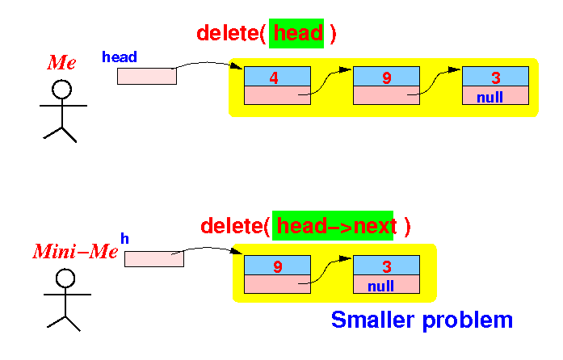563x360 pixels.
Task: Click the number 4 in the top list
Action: [x=274, y=77]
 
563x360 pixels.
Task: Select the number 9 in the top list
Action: [x=386, y=77]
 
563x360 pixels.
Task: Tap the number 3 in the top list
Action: [x=496, y=77]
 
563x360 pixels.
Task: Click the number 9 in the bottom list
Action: [x=278, y=266]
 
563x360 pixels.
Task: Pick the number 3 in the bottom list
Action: [x=387, y=266]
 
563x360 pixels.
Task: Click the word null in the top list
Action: [x=489, y=98]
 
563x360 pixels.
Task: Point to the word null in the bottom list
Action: [x=380, y=286]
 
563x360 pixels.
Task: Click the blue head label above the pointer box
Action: [x=120, y=57]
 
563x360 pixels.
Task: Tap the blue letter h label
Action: [x=124, y=238]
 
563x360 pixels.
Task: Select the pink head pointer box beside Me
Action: [x=147, y=76]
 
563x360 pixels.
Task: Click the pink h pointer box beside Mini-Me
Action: [x=154, y=259]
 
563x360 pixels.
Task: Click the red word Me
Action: [x=61, y=62]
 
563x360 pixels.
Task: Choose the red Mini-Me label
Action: [x=75, y=251]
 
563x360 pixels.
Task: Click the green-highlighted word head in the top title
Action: [x=298, y=33]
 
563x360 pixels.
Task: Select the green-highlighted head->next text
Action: [x=337, y=226]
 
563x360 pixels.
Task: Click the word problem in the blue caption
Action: [x=468, y=320]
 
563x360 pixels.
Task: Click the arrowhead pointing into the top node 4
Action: [x=237, y=66]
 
